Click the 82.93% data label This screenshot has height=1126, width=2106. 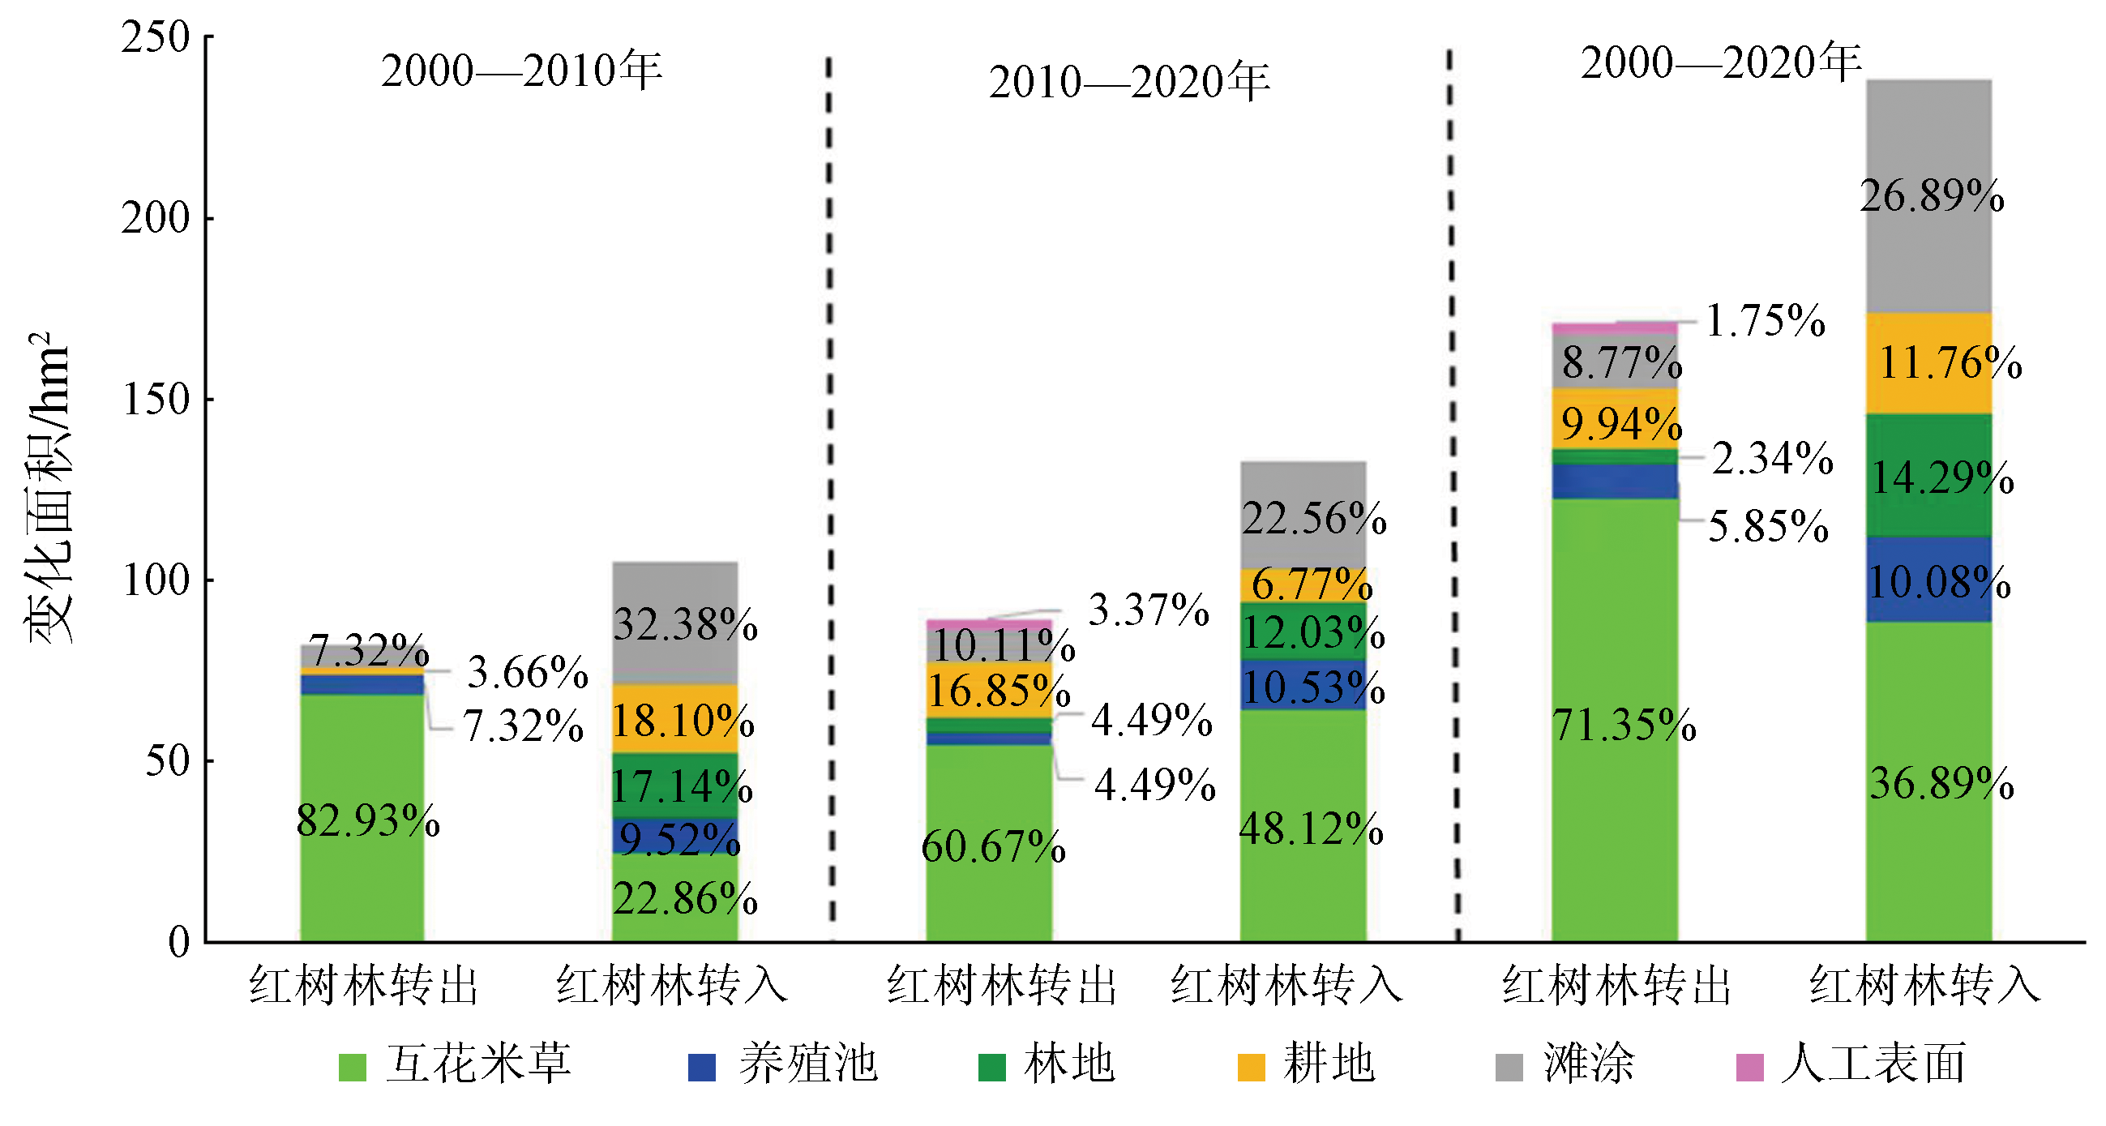tap(367, 820)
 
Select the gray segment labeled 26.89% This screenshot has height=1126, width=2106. tap(1928, 196)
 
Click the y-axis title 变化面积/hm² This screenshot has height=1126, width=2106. tap(49, 487)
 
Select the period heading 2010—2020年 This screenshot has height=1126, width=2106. tap(1129, 82)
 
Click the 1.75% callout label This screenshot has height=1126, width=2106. tap(1765, 320)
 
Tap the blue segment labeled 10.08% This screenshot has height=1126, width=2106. tap(1928, 580)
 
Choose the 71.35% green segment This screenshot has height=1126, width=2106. tap(1615, 724)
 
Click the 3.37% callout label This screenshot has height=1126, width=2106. tap(1148, 610)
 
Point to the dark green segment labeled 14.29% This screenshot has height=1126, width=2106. tap(1928, 476)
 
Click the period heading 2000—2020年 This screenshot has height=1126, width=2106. tap(1721, 63)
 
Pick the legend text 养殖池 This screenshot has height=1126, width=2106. tap(807, 1064)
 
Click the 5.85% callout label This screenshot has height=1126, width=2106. tap(1767, 526)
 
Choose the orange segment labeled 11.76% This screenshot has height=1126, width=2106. tap(1928, 363)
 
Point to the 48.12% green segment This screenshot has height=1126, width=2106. tap(1303, 828)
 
